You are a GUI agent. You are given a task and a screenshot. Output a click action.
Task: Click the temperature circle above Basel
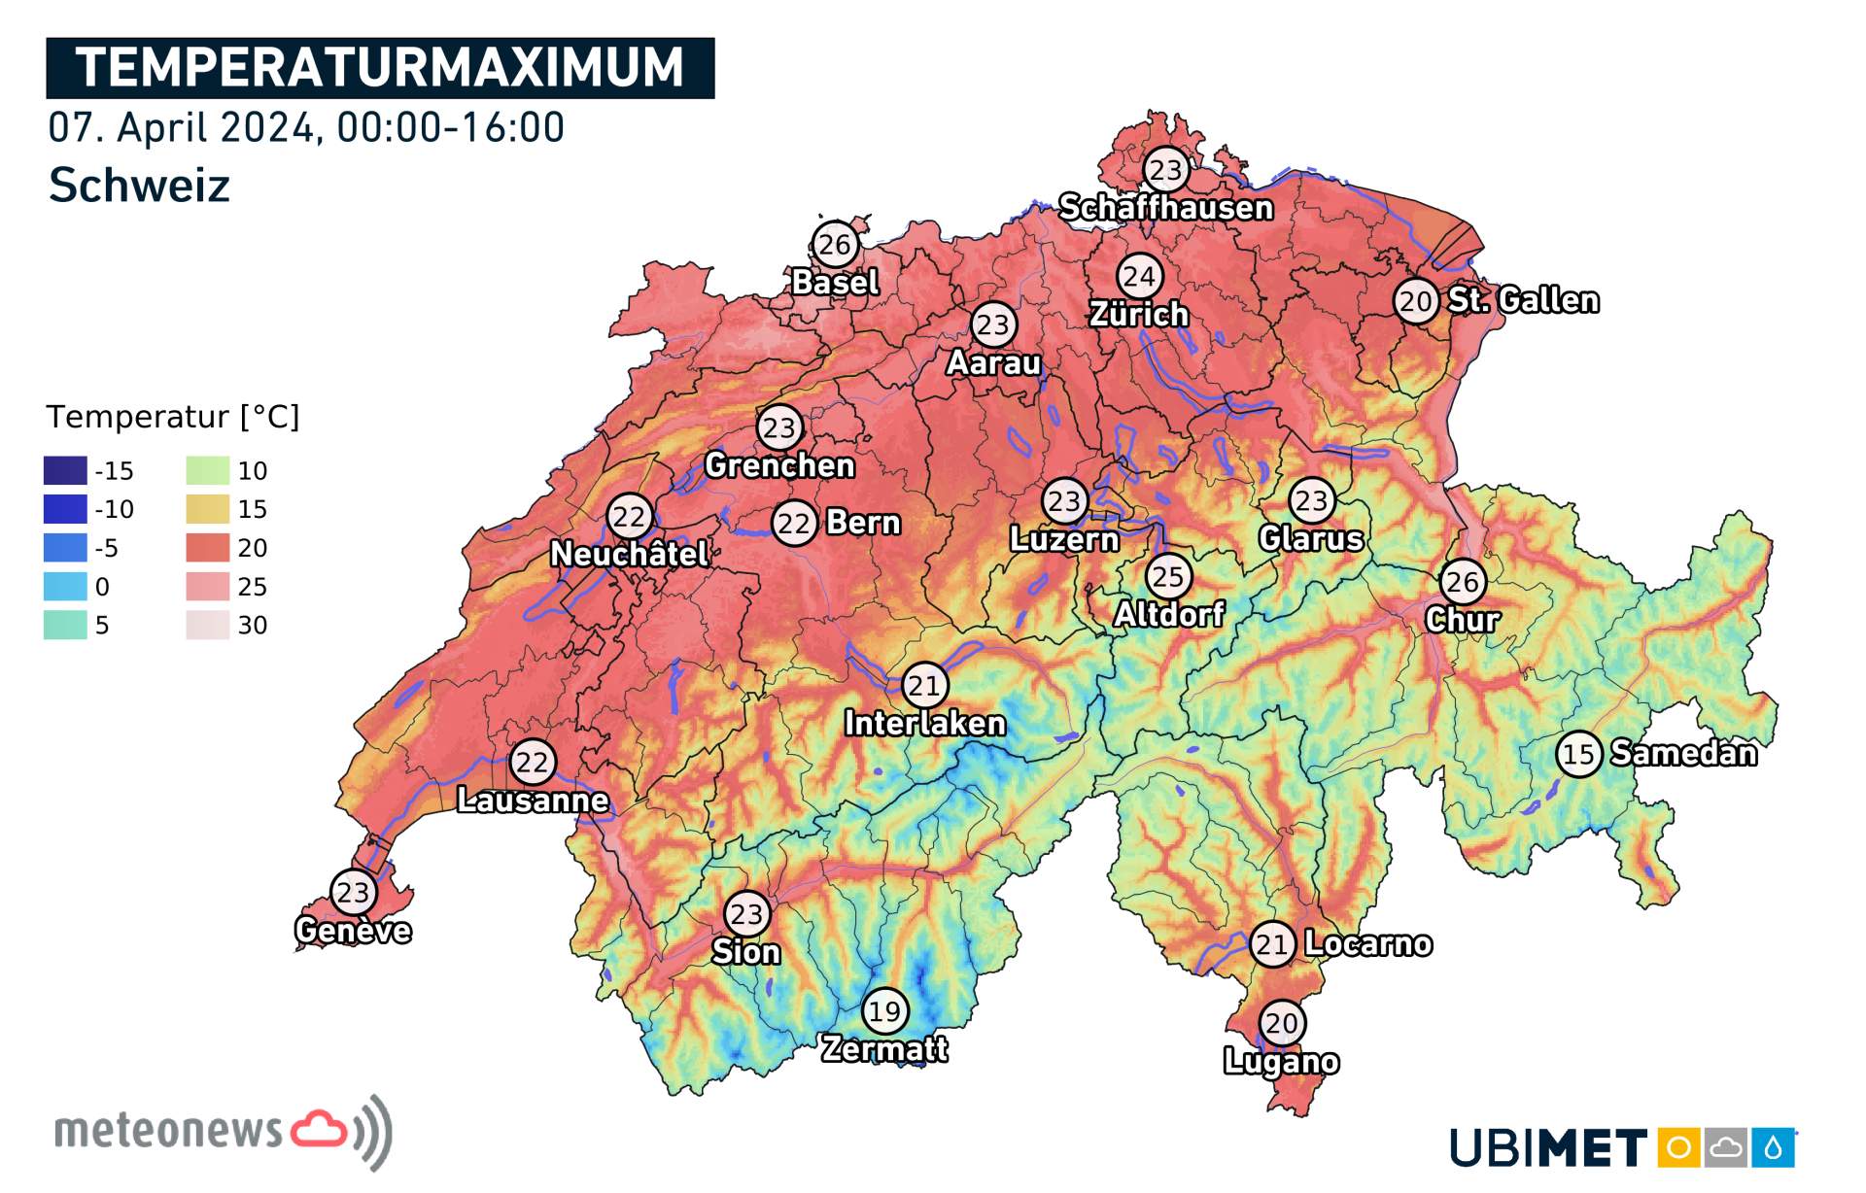tap(834, 244)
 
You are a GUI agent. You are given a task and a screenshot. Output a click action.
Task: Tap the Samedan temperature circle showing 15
tap(1578, 754)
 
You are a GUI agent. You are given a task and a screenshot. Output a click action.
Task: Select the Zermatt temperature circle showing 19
tap(884, 1011)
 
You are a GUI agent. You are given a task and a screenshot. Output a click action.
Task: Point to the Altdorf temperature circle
tap(1168, 577)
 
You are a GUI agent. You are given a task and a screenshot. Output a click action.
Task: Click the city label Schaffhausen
tap(1165, 208)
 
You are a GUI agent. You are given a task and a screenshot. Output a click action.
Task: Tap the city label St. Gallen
tap(1523, 300)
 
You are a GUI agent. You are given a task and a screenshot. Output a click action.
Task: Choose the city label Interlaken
tap(924, 724)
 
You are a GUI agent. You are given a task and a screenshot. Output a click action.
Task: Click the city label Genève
tap(353, 931)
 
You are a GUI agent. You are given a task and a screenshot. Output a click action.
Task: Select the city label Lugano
tap(1281, 1061)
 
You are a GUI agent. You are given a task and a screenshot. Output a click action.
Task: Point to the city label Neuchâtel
tap(629, 555)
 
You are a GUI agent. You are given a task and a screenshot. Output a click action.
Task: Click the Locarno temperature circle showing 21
tap(1272, 944)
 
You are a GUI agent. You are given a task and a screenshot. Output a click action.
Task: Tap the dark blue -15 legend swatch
tap(65, 471)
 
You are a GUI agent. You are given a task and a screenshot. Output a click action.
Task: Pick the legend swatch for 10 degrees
tap(207, 471)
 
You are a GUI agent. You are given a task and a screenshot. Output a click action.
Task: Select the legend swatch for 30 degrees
tap(207, 626)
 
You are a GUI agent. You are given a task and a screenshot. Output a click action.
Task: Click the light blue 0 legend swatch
tap(65, 587)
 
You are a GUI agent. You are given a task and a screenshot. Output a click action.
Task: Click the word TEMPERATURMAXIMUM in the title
tap(380, 68)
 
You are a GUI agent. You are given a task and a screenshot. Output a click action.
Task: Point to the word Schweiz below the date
tap(139, 185)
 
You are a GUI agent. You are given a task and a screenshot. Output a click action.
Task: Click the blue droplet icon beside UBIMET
tap(1773, 1148)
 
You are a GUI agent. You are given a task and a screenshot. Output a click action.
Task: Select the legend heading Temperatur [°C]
tap(173, 417)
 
